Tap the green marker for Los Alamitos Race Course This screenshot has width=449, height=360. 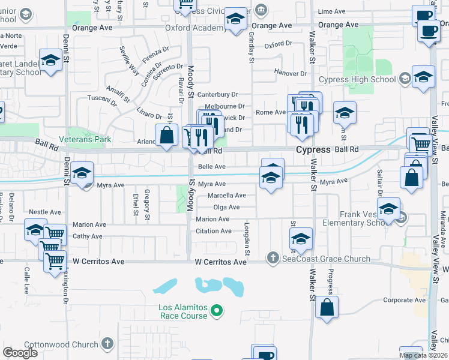(x=217, y=311)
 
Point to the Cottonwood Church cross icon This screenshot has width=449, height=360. (x=107, y=344)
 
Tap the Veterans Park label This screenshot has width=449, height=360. (x=90, y=139)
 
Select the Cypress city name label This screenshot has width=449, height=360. (x=313, y=149)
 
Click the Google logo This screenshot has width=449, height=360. (x=20, y=352)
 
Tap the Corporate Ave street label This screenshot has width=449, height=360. (x=404, y=300)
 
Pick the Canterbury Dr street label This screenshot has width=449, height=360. (x=218, y=94)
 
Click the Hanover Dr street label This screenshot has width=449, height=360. (x=291, y=73)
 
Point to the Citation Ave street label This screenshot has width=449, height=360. (x=213, y=231)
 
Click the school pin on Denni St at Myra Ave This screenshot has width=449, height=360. (x=82, y=173)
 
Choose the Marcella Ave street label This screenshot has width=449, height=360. (x=226, y=196)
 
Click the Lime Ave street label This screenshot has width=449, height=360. (x=332, y=11)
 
